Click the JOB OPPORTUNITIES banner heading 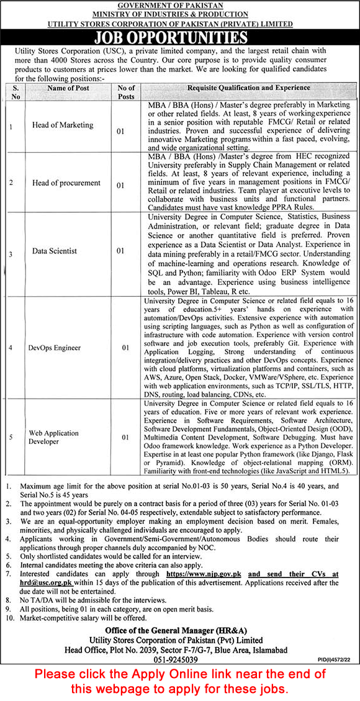tap(179, 37)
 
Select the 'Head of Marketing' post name tap(63, 125)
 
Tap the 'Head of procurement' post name tap(66, 183)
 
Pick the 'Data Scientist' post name tap(55, 251)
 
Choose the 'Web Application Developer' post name tap(53, 437)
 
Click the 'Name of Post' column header tap(68, 88)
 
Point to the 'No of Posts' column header tap(126, 92)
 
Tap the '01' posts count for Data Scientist tap(121, 251)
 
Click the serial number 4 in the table tap(10, 348)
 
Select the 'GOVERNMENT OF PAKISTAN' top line tap(180, 5)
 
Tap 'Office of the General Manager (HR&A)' tap(180, 630)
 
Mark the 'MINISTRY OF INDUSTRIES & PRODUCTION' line tap(180, 14)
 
